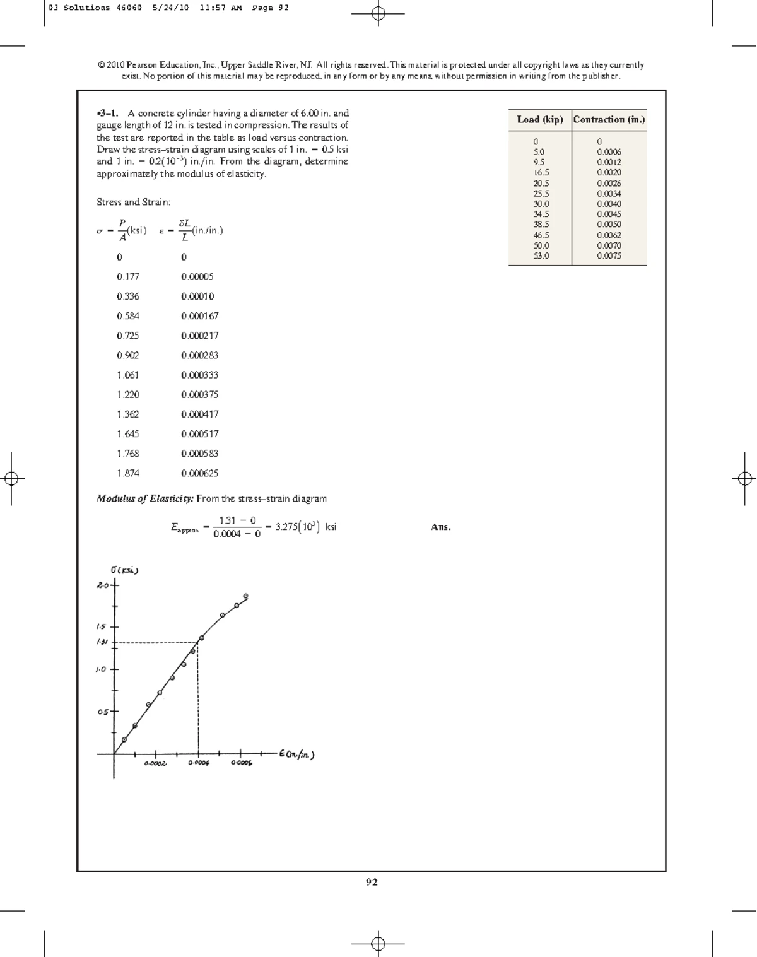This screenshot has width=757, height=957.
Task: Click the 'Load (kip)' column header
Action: tap(539, 119)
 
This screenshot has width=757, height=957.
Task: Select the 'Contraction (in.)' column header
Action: tap(609, 119)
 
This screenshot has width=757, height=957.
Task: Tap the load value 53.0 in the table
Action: tap(541, 255)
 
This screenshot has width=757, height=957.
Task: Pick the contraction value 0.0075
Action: tap(609, 255)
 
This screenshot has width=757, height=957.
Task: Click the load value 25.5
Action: tap(541, 194)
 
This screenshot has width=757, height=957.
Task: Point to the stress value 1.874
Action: tap(128, 473)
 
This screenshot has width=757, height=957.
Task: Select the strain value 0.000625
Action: tap(199, 473)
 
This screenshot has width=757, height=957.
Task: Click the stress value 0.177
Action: tap(128, 276)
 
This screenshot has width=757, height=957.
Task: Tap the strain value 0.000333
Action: tap(199, 375)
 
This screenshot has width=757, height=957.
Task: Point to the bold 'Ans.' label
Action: tap(441, 527)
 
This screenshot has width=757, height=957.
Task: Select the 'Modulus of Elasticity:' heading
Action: tap(144, 498)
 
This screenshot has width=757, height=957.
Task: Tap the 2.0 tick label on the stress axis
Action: tap(103, 585)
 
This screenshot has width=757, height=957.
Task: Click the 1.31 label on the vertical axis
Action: tap(102, 642)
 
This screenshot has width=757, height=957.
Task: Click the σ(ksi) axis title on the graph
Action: tap(124, 570)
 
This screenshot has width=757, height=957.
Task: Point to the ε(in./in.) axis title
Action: tap(296, 754)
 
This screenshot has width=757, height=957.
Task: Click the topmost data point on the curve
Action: tap(245, 596)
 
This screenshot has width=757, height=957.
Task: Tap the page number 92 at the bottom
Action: tap(372, 882)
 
